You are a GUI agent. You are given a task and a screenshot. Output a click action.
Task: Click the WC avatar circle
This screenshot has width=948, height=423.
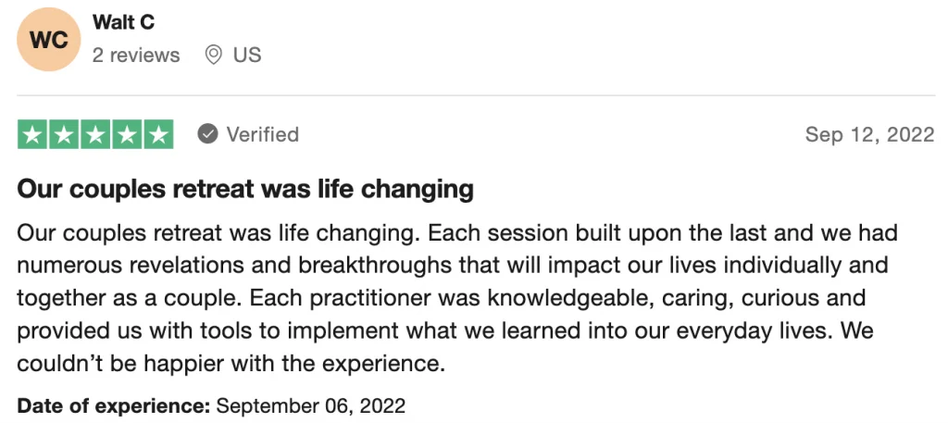(x=48, y=39)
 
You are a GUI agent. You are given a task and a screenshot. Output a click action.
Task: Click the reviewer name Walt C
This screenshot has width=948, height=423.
(x=123, y=23)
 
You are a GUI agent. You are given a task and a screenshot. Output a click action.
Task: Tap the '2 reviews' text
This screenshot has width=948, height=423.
(x=136, y=55)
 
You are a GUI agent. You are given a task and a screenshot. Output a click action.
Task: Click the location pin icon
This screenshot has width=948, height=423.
(x=213, y=55)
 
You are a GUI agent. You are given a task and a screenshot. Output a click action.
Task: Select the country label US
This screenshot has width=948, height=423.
(x=247, y=55)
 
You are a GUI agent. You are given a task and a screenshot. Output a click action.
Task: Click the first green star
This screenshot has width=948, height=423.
(x=32, y=135)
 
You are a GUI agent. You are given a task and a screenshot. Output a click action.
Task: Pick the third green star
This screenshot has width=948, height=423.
(x=95, y=135)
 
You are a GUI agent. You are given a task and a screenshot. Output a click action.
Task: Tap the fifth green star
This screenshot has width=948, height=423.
(x=157, y=135)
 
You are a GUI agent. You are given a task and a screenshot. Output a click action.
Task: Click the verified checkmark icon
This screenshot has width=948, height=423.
(x=207, y=134)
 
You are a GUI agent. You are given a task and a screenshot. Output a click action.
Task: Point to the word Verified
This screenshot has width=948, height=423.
(x=262, y=134)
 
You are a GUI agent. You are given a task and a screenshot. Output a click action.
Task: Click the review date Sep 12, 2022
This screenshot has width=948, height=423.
(x=870, y=135)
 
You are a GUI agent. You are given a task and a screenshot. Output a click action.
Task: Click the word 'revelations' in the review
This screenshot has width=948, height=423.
(x=184, y=266)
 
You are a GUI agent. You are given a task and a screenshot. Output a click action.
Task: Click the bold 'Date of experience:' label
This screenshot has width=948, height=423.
(x=114, y=405)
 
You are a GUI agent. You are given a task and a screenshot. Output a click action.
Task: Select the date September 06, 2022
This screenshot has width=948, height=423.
(x=311, y=405)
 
